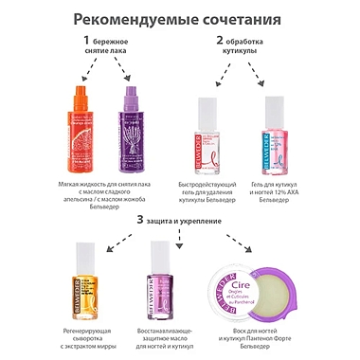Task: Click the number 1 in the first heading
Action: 87,42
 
